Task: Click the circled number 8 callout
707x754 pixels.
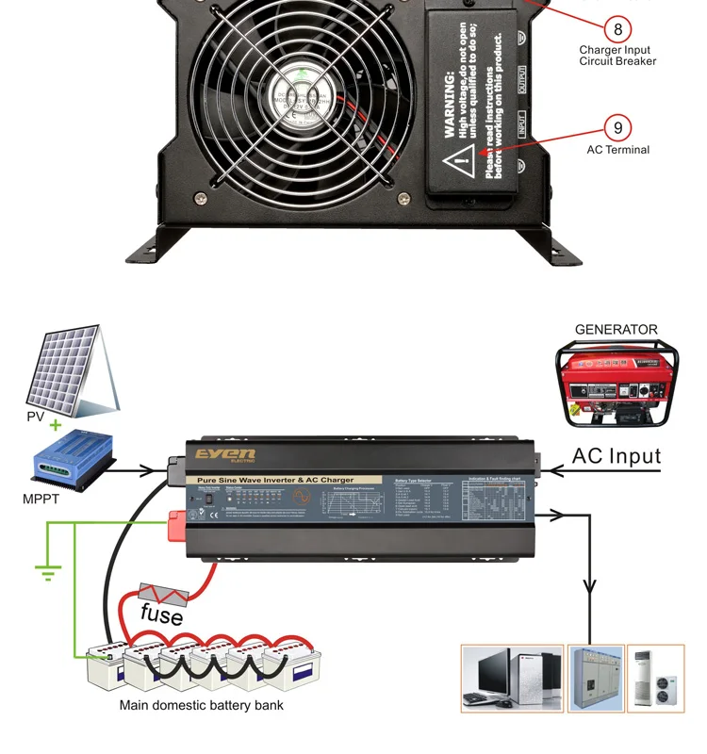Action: pos(617,27)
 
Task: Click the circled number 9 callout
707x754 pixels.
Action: pos(618,127)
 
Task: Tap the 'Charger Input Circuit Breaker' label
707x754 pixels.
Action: pos(617,56)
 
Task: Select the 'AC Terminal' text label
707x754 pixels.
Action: pos(618,150)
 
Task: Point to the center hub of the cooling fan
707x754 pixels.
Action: pos(299,91)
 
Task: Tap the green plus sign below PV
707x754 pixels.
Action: pos(56,425)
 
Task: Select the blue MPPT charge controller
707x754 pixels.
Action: pos(73,463)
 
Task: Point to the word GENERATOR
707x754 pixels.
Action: pos(617,330)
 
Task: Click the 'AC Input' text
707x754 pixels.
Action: pos(617,456)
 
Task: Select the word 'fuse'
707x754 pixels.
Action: pos(161,614)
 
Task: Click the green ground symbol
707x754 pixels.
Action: pos(47,571)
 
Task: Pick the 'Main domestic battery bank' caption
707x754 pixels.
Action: pos(201,705)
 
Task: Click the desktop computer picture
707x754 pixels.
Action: pos(512,678)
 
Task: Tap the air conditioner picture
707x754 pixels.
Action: pos(656,678)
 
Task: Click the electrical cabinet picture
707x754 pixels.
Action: pos(595,678)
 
